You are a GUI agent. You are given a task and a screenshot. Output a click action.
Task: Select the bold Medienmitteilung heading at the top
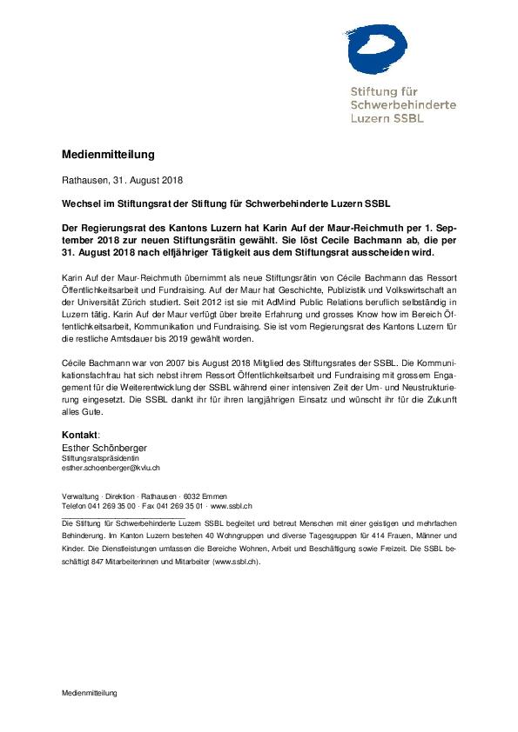pyautogui.click(x=108, y=155)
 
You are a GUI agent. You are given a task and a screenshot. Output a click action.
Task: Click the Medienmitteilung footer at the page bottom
pyautogui.click(x=89, y=693)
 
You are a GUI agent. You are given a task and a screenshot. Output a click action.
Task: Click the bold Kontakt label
pyautogui.click(x=79, y=433)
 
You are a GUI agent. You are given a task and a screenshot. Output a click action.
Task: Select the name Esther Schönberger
pyautogui.click(x=104, y=446)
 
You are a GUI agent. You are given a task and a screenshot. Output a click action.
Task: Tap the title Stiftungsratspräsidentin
pyautogui.click(x=94, y=457)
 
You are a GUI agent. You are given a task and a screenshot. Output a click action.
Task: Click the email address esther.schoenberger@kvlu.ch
pyautogui.click(x=105, y=468)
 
